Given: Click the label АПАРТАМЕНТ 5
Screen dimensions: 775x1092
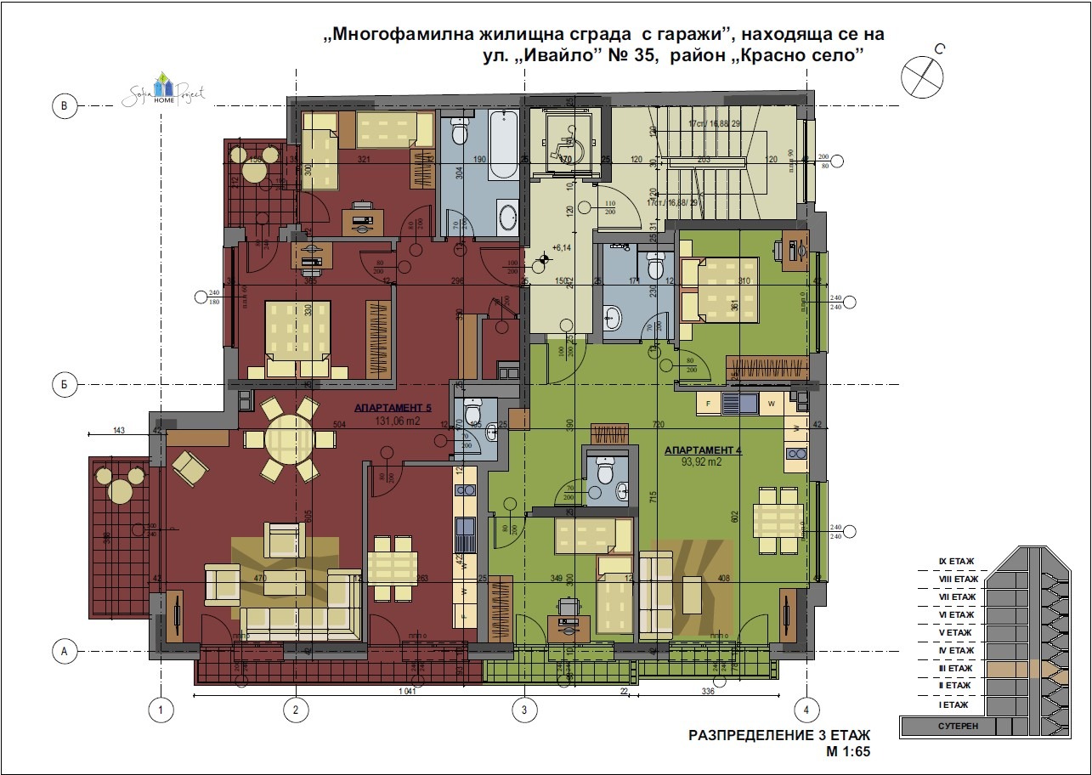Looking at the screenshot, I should pos(387,407).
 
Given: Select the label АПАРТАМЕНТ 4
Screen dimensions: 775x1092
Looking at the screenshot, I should pos(703,450).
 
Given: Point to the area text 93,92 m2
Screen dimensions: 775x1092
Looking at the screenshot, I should pos(703,462).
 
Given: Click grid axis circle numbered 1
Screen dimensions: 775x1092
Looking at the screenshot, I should pos(158,709).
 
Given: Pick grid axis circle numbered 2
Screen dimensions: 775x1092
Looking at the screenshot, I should pos(295,709).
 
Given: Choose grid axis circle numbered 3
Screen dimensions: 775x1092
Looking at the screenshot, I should pos(524,709).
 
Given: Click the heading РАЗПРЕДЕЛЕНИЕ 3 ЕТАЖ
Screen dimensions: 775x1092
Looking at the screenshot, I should pos(779,735).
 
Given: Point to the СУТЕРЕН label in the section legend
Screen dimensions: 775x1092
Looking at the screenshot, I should pos(958,727).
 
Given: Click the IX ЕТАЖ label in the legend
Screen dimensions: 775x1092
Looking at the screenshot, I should pos(956,562).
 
